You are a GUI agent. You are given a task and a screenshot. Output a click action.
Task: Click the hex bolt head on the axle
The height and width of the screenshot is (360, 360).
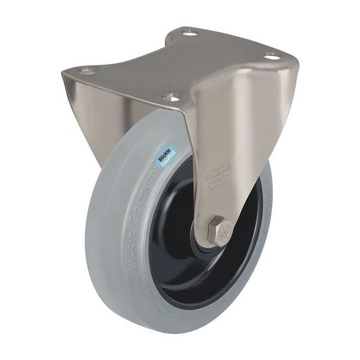[220, 230]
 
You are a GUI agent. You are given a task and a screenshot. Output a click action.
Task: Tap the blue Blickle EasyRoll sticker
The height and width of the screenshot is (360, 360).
[165, 156]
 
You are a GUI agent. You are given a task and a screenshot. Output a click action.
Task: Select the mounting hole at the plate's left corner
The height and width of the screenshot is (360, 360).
[87, 71]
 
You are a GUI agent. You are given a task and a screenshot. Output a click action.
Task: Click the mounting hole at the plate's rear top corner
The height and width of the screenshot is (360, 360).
[189, 33]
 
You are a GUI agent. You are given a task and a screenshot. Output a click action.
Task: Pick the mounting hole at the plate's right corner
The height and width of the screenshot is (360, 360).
[272, 57]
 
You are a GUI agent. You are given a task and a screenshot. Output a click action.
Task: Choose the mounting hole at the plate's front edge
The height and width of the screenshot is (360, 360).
[171, 97]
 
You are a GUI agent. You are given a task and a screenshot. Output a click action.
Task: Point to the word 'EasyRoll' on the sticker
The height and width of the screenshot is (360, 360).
[168, 159]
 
